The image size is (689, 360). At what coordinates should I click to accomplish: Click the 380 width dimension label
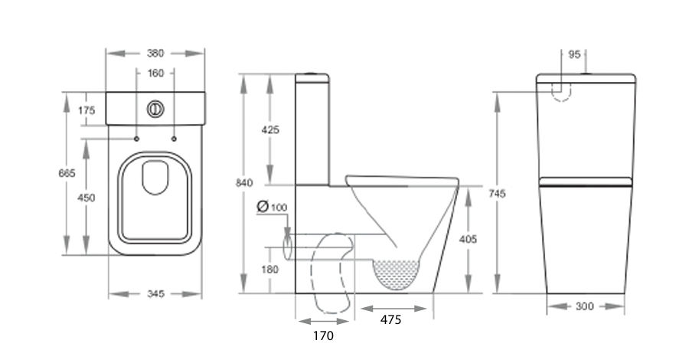[x=155, y=54]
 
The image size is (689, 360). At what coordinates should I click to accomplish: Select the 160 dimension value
[x=155, y=74]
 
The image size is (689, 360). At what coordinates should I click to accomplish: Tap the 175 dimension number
[x=87, y=111]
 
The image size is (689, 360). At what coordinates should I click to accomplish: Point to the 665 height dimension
[x=67, y=174]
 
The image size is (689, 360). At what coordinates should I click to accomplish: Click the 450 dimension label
[x=87, y=198]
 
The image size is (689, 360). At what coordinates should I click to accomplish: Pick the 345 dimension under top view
[x=155, y=294]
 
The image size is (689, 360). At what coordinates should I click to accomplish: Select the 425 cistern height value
[x=270, y=129]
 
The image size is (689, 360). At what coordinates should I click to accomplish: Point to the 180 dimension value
[x=270, y=269]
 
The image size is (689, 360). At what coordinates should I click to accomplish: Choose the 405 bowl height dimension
[x=468, y=239]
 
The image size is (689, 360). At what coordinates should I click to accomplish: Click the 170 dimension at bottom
[x=322, y=335]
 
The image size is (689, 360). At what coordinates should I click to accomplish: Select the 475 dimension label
[x=390, y=320]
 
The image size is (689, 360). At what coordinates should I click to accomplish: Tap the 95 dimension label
[x=575, y=54]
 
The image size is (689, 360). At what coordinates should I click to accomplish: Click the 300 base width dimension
[x=584, y=306]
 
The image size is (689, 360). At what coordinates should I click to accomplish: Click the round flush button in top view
[x=155, y=109]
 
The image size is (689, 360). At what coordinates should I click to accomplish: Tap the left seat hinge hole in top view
[x=137, y=139]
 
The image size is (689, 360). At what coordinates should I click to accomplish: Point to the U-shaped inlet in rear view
[x=562, y=91]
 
